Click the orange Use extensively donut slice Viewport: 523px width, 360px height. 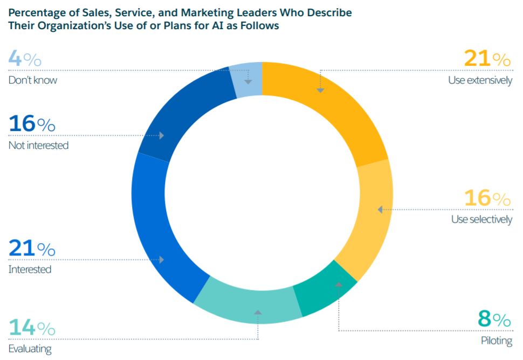[334, 108]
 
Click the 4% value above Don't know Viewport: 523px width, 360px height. [25, 59]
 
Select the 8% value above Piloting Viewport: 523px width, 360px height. [494, 320]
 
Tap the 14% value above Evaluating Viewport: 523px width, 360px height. [32, 328]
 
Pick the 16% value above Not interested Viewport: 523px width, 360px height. [32, 124]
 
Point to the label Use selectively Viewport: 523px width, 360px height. [481, 220]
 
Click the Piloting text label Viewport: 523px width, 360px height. [496, 341]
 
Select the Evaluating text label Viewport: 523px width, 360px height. [30, 349]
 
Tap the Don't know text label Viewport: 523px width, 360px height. [32, 80]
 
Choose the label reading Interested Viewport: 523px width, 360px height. [30, 269]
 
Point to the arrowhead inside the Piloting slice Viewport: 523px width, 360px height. [339, 283]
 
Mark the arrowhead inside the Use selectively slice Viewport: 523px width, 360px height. [380, 209]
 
